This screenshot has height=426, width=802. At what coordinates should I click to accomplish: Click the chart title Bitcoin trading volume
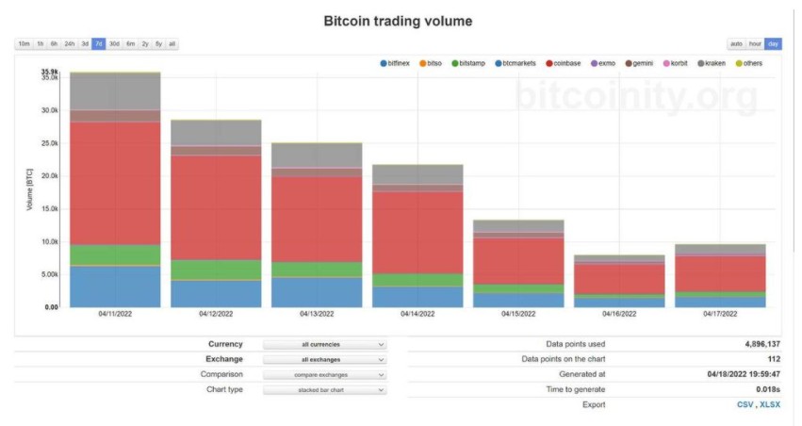pos(398,20)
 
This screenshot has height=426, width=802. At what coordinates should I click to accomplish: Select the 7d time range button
pos(98,43)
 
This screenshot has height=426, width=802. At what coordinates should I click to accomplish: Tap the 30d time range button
pos(114,43)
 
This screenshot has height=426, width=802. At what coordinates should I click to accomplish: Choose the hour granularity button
pos(755,43)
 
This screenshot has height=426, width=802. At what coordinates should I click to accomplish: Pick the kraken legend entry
pos(715,63)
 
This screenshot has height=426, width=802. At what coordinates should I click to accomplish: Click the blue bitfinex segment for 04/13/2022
pos(317,291)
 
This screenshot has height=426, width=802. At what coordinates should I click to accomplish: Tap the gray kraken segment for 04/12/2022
pos(216,133)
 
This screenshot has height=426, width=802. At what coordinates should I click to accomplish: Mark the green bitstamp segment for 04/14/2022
pos(417,280)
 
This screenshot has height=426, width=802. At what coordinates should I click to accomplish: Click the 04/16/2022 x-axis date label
pos(619,314)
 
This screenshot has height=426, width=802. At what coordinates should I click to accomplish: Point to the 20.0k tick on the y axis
pos(49,176)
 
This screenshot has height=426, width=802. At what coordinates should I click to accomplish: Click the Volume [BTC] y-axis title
pos(30,188)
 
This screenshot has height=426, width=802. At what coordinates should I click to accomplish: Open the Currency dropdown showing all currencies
pos(324,345)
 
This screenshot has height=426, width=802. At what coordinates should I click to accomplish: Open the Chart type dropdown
pos(324,389)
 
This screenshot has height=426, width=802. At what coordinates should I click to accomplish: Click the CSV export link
pos(745,404)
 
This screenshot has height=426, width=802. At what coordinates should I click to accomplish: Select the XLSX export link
pos(770,404)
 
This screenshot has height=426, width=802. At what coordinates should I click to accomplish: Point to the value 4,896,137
pos(761,344)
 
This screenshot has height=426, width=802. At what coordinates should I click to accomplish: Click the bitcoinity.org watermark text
pos(636,95)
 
